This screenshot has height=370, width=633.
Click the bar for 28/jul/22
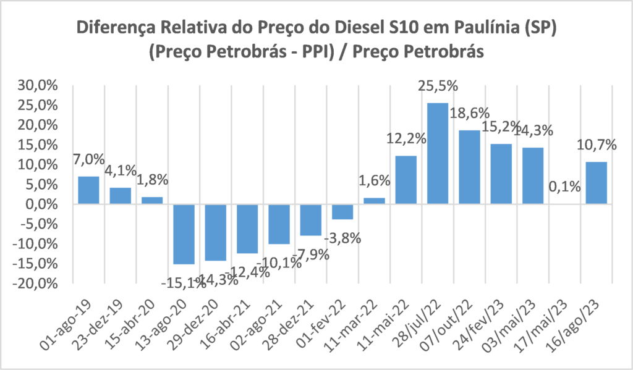click(x=438, y=153)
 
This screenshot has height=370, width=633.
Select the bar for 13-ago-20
click(x=184, y=234)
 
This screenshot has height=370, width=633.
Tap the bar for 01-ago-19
click(x=88, y=190)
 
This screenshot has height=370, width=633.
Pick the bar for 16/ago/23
click(x=597, y=183)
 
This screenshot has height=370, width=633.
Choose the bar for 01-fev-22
click(x=342, y=211)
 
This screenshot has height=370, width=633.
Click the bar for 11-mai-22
click(x=406, y=180)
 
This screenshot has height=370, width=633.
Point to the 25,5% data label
click(x=438, y=86)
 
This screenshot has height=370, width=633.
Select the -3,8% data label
click(x=343, y=237)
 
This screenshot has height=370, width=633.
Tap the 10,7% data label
click(x=597, y=145)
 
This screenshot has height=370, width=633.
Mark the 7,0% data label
click(x=89, y=159)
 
